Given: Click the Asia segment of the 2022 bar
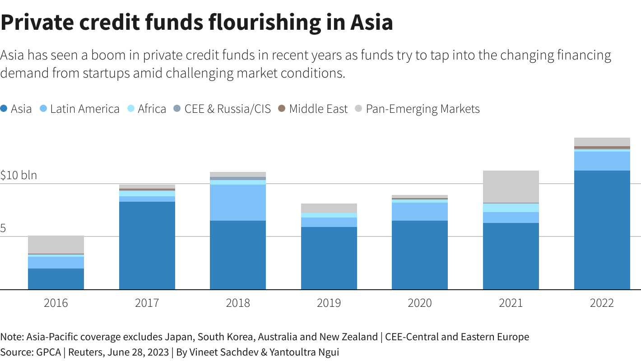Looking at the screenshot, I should click(602, 230).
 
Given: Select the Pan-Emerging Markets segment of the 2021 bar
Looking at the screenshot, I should click(511, 186).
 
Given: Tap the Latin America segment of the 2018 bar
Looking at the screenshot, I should click(238, 203).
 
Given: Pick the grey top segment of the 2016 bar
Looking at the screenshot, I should click(56, 245).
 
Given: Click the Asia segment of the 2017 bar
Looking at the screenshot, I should click(147, 245).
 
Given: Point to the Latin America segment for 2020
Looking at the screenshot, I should click(420, 212).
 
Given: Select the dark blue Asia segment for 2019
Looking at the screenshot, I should click(329, 258).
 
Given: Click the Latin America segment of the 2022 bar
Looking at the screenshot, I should click(602, 161).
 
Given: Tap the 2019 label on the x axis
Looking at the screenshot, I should click(329, 303).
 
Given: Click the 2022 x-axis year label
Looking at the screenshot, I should click(602, 303).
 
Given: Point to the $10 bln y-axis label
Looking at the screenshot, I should click(19, 175).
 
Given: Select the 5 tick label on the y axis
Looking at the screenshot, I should click(3, 228).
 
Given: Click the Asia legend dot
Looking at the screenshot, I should click(4, 109).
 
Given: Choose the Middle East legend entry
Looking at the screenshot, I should click(318, 109).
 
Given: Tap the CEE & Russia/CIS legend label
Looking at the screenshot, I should click(228, 109).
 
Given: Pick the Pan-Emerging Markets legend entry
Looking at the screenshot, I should click(423, 109).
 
